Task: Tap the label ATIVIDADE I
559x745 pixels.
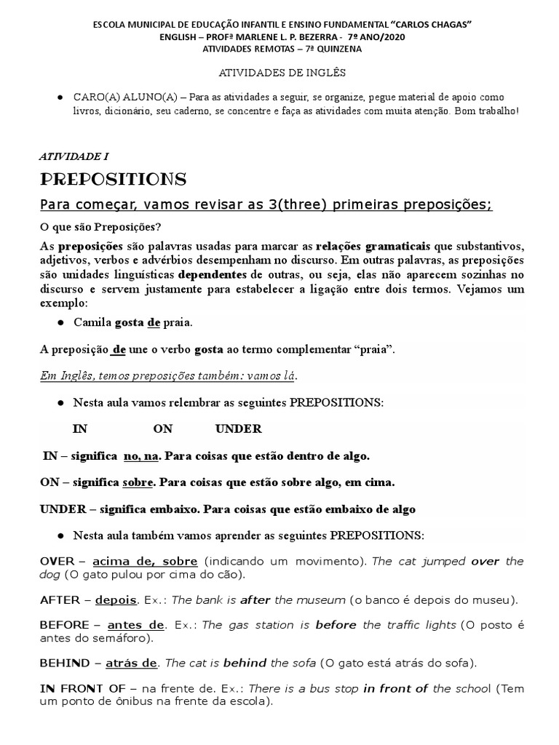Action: (74, 156)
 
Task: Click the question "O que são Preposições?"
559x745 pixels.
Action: (100, 226)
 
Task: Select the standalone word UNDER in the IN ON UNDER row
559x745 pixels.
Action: (239, 429)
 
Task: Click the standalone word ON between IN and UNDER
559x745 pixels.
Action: (164, 429)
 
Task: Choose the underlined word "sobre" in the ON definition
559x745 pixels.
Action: (138, 482)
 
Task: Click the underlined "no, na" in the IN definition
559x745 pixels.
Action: (140, 456)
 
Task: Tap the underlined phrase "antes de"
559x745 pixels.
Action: (135, 625)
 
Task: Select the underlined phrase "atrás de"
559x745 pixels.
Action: (131, 663)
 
